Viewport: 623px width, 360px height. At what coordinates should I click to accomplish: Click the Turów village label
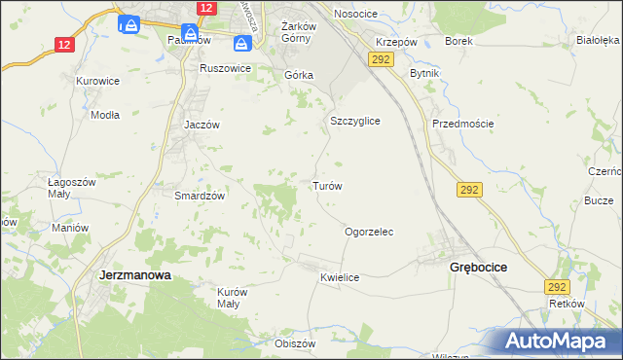coord(326,185)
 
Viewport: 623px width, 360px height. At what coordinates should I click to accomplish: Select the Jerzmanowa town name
coord(135,275)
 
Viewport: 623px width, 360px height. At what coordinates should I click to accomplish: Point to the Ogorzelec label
coord(369,233)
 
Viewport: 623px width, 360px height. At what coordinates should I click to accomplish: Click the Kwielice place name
coord(340,278)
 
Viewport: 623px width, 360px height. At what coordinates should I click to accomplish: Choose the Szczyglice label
coord(354,121)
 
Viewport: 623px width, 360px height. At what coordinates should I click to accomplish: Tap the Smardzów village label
coord(200,195)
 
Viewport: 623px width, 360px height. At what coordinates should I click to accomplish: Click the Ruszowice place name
coord(225,69)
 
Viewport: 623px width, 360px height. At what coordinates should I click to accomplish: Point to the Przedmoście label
coord(463,124)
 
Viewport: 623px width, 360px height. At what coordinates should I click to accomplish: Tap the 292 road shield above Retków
coord(557,287)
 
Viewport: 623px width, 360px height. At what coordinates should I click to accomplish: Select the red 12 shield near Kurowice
coord(64,45)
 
